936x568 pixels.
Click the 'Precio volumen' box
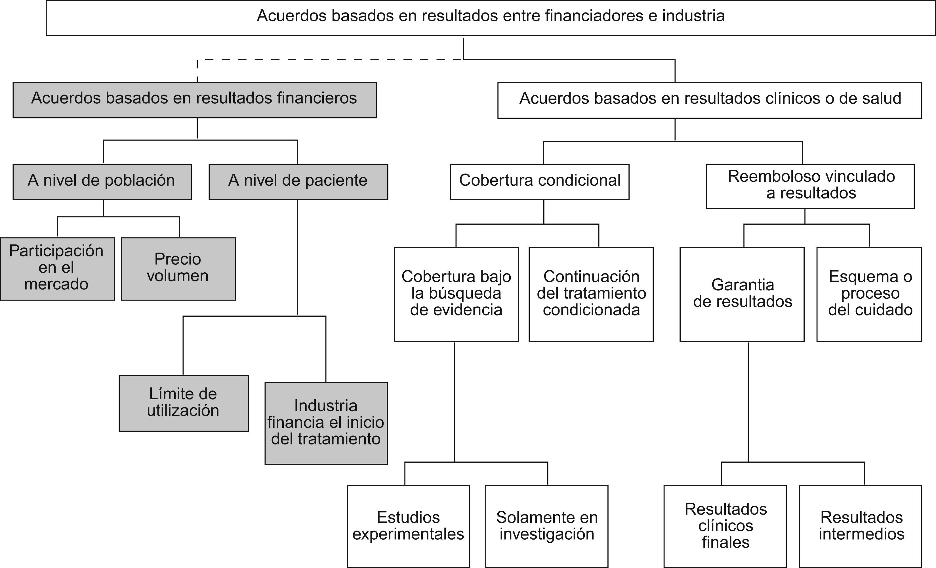pyautogui.click(x=178, y=268)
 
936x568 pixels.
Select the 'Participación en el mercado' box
pyautogui.click(x=57, y=268)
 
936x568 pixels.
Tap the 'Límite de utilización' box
pyautogui.click(x=184, y=403)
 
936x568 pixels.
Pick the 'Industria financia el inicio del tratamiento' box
pyautogui.click(x=326, y=423)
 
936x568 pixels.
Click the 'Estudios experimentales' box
pyautogui.click(x=408, y=526)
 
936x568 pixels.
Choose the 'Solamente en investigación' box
pyautogui.click(x=547, y=526)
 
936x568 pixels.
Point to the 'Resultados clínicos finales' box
pyautogui.click(x=725, y=526)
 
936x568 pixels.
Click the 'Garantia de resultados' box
pyautogui.click(x=742, y=294)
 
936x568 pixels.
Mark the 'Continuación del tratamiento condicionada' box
pyautogui.click(x=591, y=294)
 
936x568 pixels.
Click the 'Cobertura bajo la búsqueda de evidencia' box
pyautogui.click(x=456, y=294)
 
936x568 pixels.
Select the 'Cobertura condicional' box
pyautogui.click(x=539, y=181)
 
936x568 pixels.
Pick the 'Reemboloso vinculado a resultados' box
pyautogui.click(x=810, y=186)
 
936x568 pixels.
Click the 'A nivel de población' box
pyautogui.click(x=102, y=181)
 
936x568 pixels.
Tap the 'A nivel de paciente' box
pyautogui.click(x=298, y=181)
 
